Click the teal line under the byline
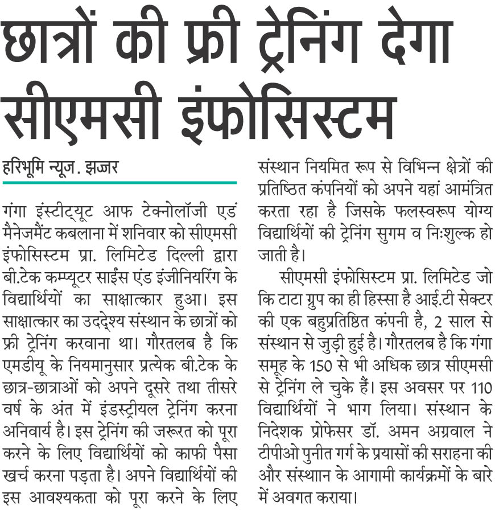point(119,182)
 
